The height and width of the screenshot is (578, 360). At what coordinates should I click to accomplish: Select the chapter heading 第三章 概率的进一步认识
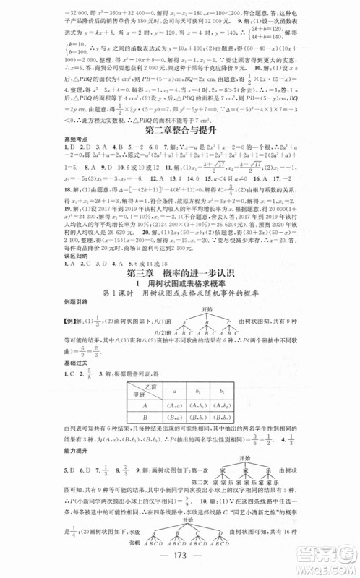point(179,274)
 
